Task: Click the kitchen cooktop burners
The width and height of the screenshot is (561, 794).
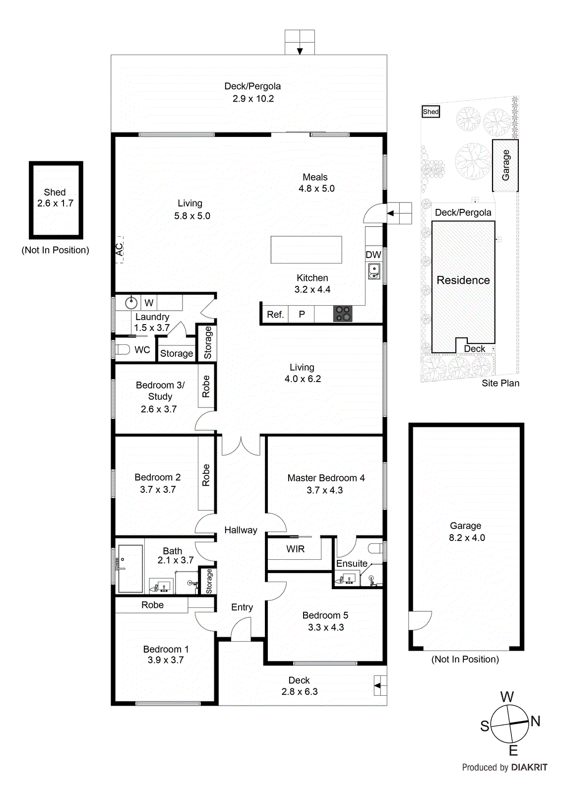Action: [x=343, y=314]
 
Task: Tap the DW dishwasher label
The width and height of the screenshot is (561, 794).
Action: [x=373, y=255]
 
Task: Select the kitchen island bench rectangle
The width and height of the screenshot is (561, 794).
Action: [x=306, y=250]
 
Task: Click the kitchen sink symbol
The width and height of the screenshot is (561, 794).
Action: [x=374, y=271]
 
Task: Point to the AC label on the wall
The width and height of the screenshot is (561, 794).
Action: [x=120, y=249]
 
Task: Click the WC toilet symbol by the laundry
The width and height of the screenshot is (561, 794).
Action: [x=122, y=349]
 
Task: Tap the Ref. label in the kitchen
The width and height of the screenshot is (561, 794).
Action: [x=275, y=314]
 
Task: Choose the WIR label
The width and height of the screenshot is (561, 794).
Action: [x=295, y=549]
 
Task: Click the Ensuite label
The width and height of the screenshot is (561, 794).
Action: [x=352, y=563]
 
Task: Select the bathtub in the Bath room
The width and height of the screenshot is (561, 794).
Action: [x=130, y=568]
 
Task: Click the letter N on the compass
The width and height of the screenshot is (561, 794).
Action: [x=536, y=721]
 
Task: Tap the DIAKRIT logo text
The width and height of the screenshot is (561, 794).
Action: [x=529, y=767]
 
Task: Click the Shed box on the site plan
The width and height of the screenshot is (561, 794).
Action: [x=431, y=112]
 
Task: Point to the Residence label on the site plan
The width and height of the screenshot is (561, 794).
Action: [x=463, y=280]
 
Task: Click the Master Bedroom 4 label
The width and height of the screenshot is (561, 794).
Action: [x=326, y=478]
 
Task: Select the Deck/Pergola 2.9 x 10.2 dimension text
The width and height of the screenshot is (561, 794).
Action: [x=253, y=98]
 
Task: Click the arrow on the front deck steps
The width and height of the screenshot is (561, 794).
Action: [x=378, y=686]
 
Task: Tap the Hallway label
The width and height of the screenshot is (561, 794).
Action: [x=241, y=530]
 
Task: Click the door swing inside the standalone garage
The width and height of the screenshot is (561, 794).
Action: [x=419, y=620]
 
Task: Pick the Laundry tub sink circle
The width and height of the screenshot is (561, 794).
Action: [x=131, y=302]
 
